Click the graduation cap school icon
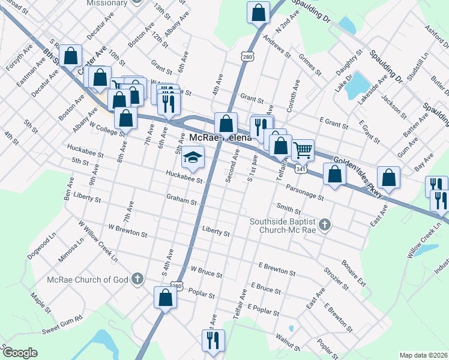[193, 158]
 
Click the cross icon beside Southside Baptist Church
[325, 226]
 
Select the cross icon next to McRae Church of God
[137, 278]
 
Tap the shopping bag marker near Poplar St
[165, 296]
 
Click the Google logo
[19, 352]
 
